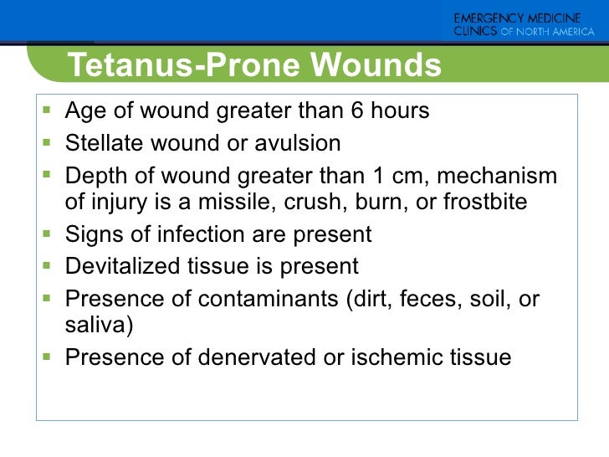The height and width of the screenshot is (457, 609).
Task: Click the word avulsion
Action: (x=295, y=144)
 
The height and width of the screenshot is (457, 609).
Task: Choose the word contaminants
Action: (x=267, y=299)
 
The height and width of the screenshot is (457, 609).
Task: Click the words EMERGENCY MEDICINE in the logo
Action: (x=525, y=18)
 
